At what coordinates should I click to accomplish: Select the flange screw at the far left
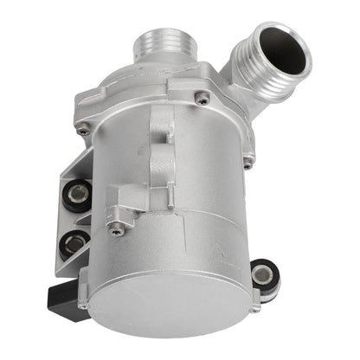point(83,131)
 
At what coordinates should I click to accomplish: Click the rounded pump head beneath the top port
point(147,82)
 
